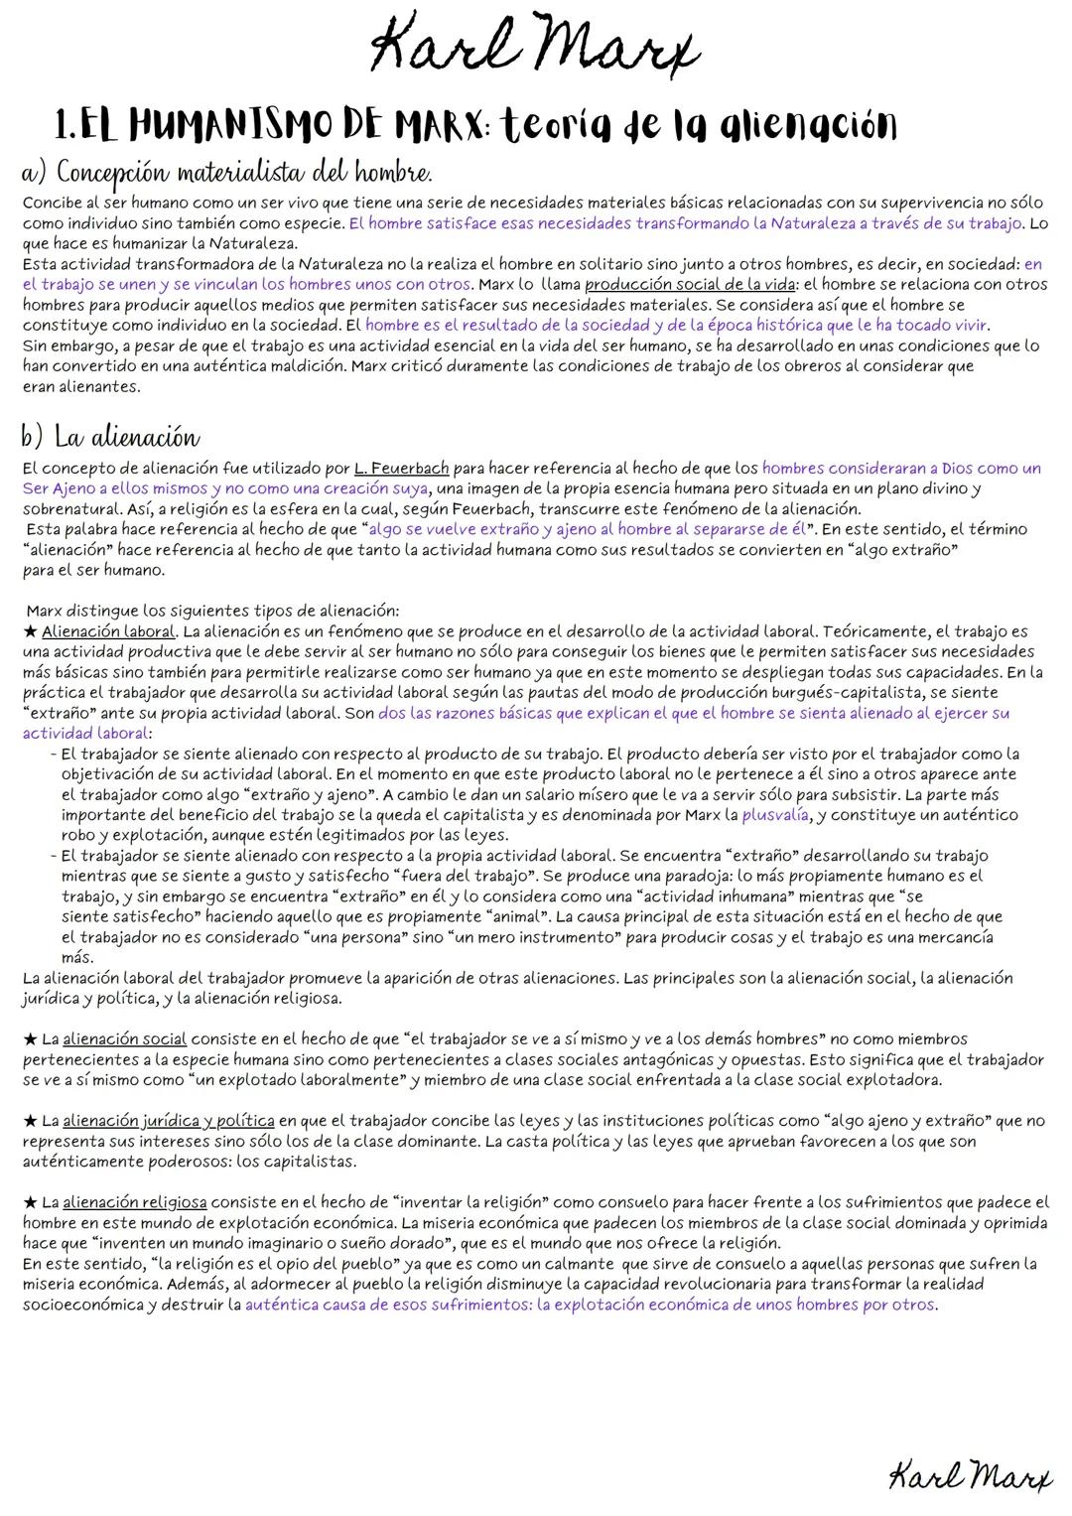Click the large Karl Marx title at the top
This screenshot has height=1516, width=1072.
pos(535,48)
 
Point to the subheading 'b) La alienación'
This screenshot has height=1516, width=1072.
pos(110,437)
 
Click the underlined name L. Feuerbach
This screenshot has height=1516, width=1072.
pos(401,468)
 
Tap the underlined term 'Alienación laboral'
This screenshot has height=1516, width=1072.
pos(108,631)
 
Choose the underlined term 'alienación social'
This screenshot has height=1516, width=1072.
pos(124,1039)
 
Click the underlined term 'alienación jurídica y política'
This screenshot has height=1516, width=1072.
pos(169,1121)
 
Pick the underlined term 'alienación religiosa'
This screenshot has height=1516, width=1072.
pos(134,1202)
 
